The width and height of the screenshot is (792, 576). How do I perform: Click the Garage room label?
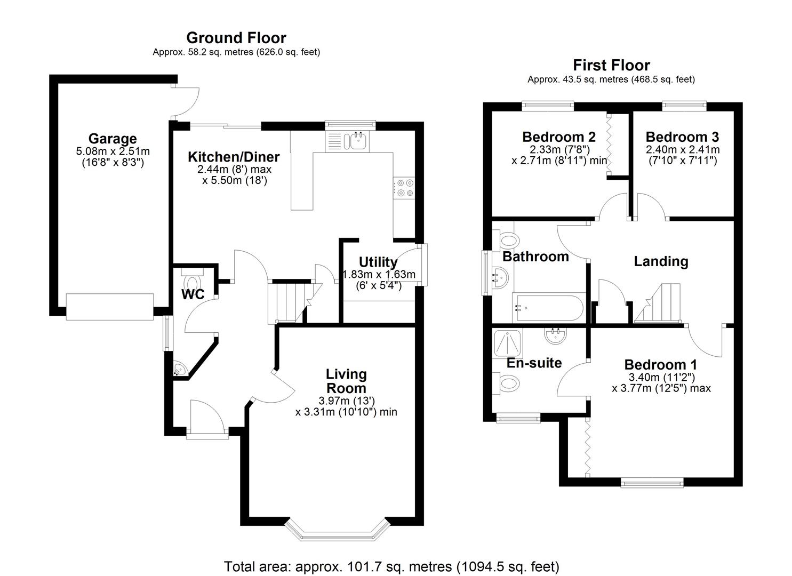pos(112,139)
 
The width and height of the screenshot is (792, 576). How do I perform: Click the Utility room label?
pos(378,262)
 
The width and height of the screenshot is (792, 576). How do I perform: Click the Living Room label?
pos(346,381)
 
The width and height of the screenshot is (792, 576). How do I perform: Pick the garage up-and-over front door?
pos(109,307)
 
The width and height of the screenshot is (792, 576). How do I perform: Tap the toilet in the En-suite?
pos(507,382)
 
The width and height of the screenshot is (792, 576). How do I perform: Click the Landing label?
pos(661,261)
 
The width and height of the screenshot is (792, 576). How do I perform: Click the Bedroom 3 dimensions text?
pos(682,155)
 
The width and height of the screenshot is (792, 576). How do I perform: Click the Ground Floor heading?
pos(236,38)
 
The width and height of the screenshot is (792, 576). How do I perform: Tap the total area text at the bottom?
pos(391,566)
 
